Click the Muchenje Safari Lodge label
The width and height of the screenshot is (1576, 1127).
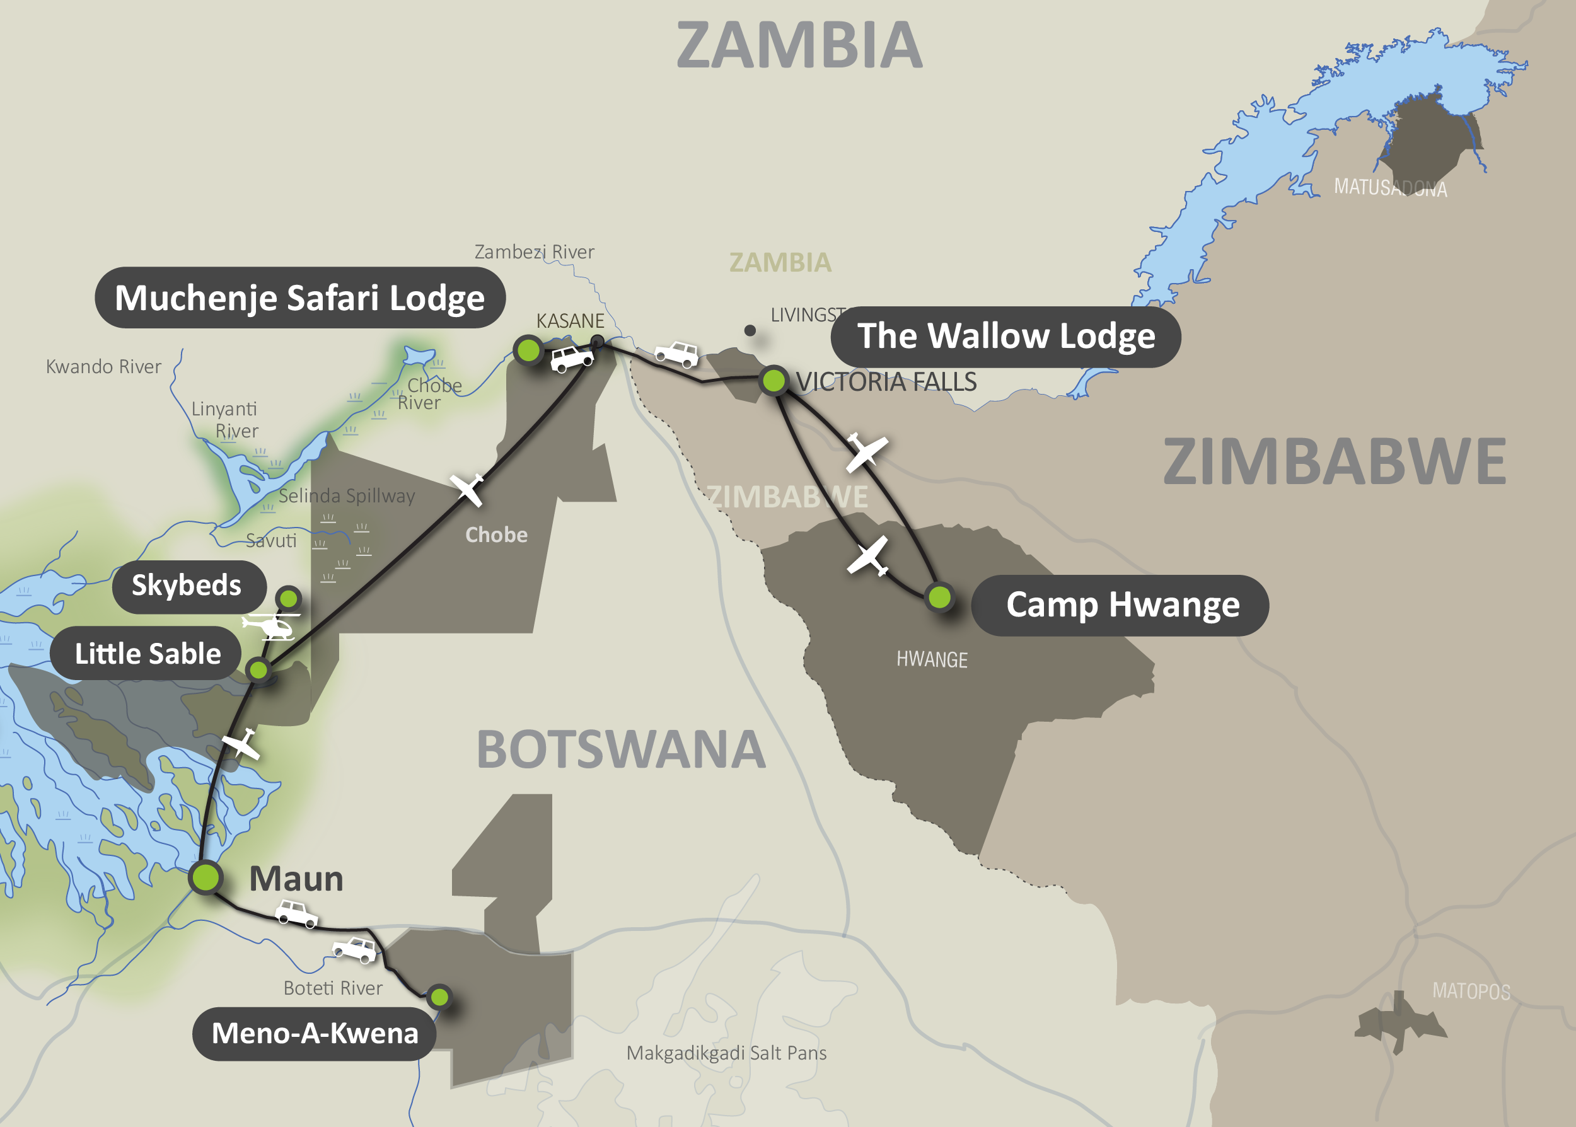[x=300, y=298]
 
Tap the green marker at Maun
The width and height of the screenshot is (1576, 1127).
[x=206, y=877]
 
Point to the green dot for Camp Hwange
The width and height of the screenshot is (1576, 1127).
[x=940, y=597]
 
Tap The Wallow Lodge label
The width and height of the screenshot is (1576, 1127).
[x=1005, y=337]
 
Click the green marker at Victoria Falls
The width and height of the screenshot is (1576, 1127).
[x=773, y=380]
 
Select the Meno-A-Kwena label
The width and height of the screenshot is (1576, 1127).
[x=315, y=1033]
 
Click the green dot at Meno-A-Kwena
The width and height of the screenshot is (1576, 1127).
[x=439, y=997]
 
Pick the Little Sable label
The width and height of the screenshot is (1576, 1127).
[x=146, y=654]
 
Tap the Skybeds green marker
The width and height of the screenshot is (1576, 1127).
[x=288, y=598]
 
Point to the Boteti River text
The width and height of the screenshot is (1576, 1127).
[x=332, y=988]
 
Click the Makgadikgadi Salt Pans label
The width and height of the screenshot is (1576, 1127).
[x=726, y=1053]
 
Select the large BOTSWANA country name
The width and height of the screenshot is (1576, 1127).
[x=621, y=750]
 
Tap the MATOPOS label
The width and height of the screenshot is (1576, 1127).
[x=1471, y=991]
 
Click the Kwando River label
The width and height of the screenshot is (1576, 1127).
[x=103, y=366]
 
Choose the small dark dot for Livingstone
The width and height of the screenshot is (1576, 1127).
[x=750, y=330]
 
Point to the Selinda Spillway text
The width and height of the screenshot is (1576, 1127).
[x=346, y=495]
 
